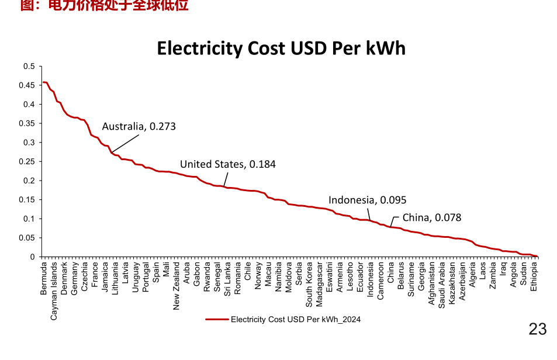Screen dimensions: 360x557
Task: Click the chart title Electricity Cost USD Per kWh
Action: [x=281, y=48]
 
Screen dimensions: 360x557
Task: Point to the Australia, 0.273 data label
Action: [x=139, y=126]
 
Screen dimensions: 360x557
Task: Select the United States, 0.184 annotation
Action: [x=227, y=164]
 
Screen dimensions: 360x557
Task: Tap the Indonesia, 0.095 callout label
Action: [x=367, y=200]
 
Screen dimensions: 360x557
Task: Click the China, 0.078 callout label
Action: [x=431, y=218]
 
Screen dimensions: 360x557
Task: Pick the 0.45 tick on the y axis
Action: [x=27, y=85]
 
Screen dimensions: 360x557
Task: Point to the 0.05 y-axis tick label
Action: [x=27, y=238]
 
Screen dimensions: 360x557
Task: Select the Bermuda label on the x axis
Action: [x=44, y=278]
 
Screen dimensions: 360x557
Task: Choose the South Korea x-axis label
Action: [x=309, y=283]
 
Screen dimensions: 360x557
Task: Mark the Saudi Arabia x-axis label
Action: [x=442, y=285]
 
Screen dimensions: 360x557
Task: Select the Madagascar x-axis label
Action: [x=320, y=285]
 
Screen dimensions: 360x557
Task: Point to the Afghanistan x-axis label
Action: [x=432, y=284]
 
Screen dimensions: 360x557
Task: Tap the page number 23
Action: [x=537, y=329]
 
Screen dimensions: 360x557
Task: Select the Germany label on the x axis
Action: [x=75, y=278]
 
